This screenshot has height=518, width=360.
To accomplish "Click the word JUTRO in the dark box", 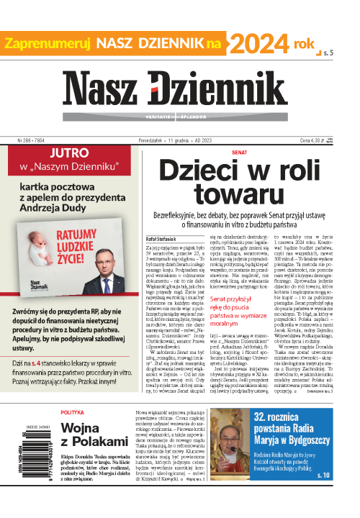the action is [66, 133].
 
